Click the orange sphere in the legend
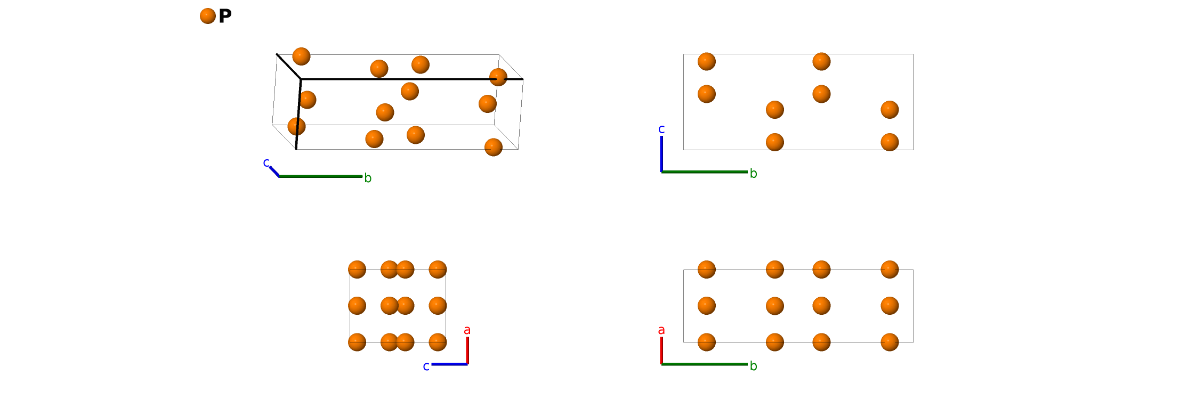pyautogui.click(x=208, y=16)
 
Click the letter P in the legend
pyautogui.click(x=225, y=16)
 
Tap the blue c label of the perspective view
pyautogui.click(x=266, y=162)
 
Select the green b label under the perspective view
pyautogui.click(x=368, y=178)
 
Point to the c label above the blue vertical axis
pyautogui.click(x=661, y=129)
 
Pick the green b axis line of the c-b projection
pyautogui.click(x=704, y=172)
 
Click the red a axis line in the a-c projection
pyautogui.click(x=467, y=350)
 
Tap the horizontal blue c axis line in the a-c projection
pyautogui.click(x=449, y=364)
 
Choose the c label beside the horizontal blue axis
pyautogui.click(x=426, y=366)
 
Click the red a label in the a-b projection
pyautogui.click(x=661, y=330)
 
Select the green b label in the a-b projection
pyautogui.click(x=753, y=366)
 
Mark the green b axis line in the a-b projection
pyautogui.click(x=704, y=364)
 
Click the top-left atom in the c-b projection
pyautogui.click(x=707, y=62)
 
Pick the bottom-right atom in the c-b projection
pyautogui.click(x=890, y=142)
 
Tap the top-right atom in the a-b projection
pyautogui.click(x=890, y=270)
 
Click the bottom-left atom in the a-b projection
pyautogui.click(x=707, y=342)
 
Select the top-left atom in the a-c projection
pyautogui.click(x=357, y=270)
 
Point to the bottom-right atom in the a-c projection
pyautogui.click(x=438, y=342)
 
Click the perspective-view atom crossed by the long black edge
pyautogui.click(x=498, y=77)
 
